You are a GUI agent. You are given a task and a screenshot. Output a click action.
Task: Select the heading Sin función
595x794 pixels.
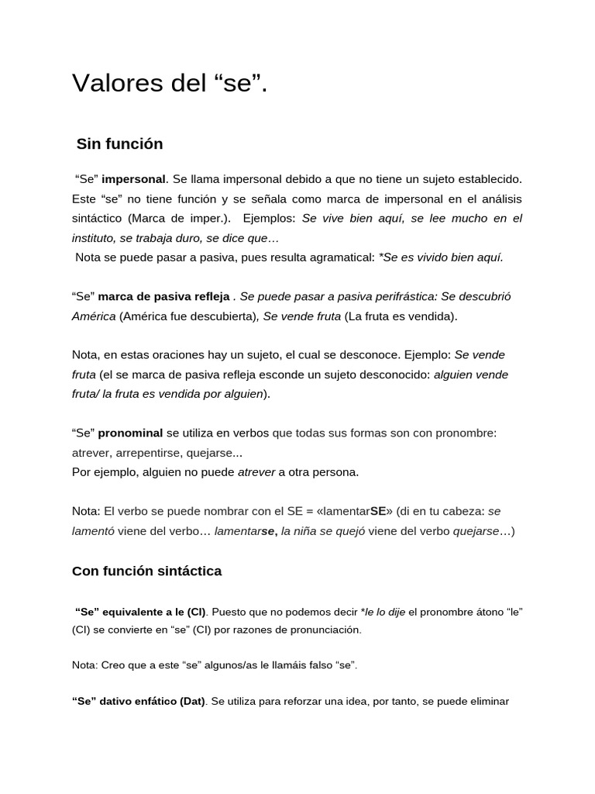[119, 144]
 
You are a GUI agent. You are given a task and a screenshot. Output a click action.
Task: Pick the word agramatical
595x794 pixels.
[337, 257]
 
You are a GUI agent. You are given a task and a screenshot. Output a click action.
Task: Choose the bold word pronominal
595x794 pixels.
[130, 433]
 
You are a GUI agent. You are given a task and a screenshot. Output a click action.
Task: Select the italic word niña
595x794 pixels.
[311, 531]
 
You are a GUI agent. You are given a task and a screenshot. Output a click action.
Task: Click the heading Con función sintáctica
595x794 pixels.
[146, 571]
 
